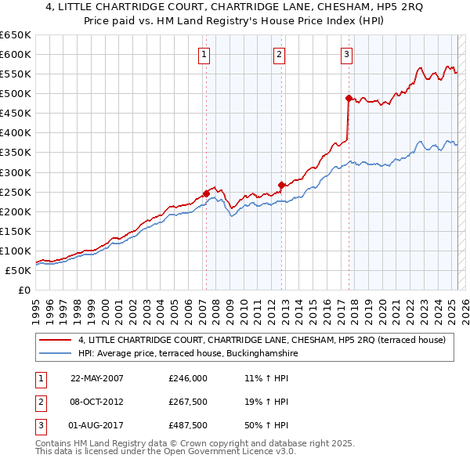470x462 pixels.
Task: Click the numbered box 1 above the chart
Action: point(204,55)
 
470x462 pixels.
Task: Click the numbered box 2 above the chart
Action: point(279,55)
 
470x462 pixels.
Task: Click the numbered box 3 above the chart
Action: point(346,55)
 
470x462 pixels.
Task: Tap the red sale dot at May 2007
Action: point(206,193)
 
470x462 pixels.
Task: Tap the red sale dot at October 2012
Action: point(280,184)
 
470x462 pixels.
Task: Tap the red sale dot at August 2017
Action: point(349,98)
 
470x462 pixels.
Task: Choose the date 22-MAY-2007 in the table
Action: point(97,377)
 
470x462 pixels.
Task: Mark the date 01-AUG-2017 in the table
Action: point(97,426)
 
